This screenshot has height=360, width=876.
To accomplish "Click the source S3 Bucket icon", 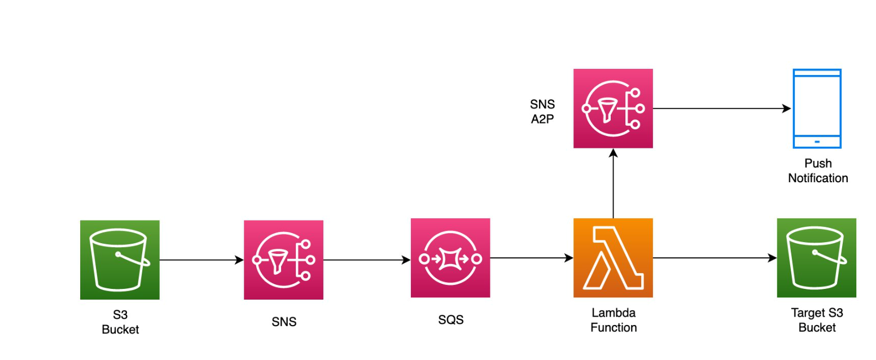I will (x=120, y=260).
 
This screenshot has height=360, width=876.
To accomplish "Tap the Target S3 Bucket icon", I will (x=816, y=258).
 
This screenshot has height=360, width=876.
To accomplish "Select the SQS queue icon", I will (x=450, y=258).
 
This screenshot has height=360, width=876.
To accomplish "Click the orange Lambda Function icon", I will (x=613, y=258).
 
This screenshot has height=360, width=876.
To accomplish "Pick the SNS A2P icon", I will (x=613, y=108).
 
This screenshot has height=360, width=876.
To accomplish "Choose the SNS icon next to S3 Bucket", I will (x=283, y=260).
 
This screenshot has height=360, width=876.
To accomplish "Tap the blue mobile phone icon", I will (x=816, y=108).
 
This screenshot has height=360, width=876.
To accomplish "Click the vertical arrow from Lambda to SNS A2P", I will (x=613, y=183).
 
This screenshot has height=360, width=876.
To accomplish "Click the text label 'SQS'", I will (x=450, y=320).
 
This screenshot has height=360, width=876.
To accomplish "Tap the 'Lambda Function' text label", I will (x=614, y=320).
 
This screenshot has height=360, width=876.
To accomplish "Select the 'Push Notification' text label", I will (x=817, y=171).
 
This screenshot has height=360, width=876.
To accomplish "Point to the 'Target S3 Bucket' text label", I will (x=817, y=321).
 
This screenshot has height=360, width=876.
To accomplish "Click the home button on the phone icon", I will (x=817, y=141).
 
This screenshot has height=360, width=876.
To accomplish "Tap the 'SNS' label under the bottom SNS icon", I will (x=283, y=322).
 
